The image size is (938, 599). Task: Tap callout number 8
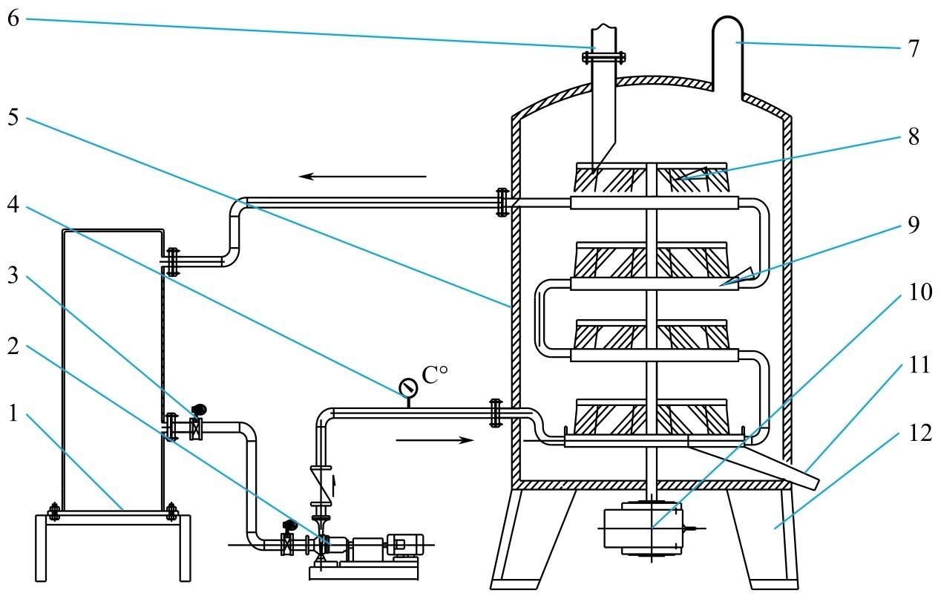click(913, 137)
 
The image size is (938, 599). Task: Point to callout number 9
click(914, 225)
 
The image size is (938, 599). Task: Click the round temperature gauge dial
click(407, 387)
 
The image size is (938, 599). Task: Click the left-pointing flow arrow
click(363, 176)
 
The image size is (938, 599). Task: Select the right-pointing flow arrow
click(434, 440)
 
